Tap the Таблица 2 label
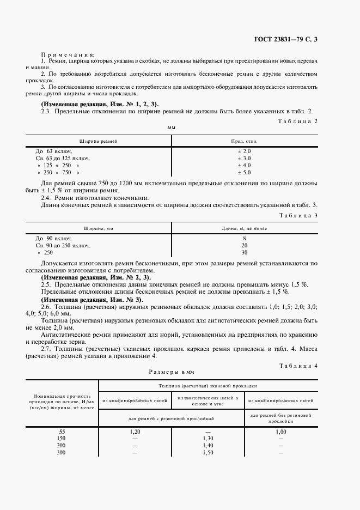click(297, 120)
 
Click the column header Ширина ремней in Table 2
click(99, 141)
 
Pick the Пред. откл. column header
click(244, 141)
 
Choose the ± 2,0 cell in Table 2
click(244, 151)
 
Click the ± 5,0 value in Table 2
click(244, 172)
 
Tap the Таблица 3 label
click(297, 215)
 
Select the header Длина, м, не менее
click(244, 229)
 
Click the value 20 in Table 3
click(244, 246)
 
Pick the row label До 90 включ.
click(54, 239)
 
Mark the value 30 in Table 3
click(244, 253)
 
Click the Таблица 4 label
click(297, 365)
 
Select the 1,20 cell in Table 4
click(135, 432)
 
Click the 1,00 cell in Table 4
click(280, 432)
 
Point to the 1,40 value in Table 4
click(208, 445)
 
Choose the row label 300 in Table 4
click(62, 452)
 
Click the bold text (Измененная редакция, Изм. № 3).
click(93, 300)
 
